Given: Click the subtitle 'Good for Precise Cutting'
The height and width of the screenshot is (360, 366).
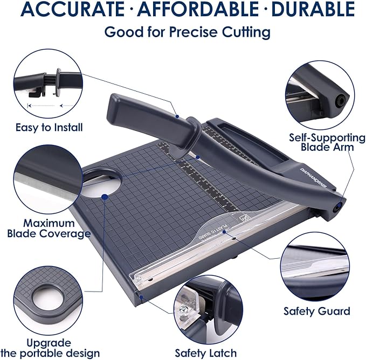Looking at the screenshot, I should tap(187, 32).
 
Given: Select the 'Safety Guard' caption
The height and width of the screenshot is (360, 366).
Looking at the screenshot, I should tap(317, 311).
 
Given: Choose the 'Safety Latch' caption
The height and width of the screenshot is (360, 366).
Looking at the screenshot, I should tap(205, 353).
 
